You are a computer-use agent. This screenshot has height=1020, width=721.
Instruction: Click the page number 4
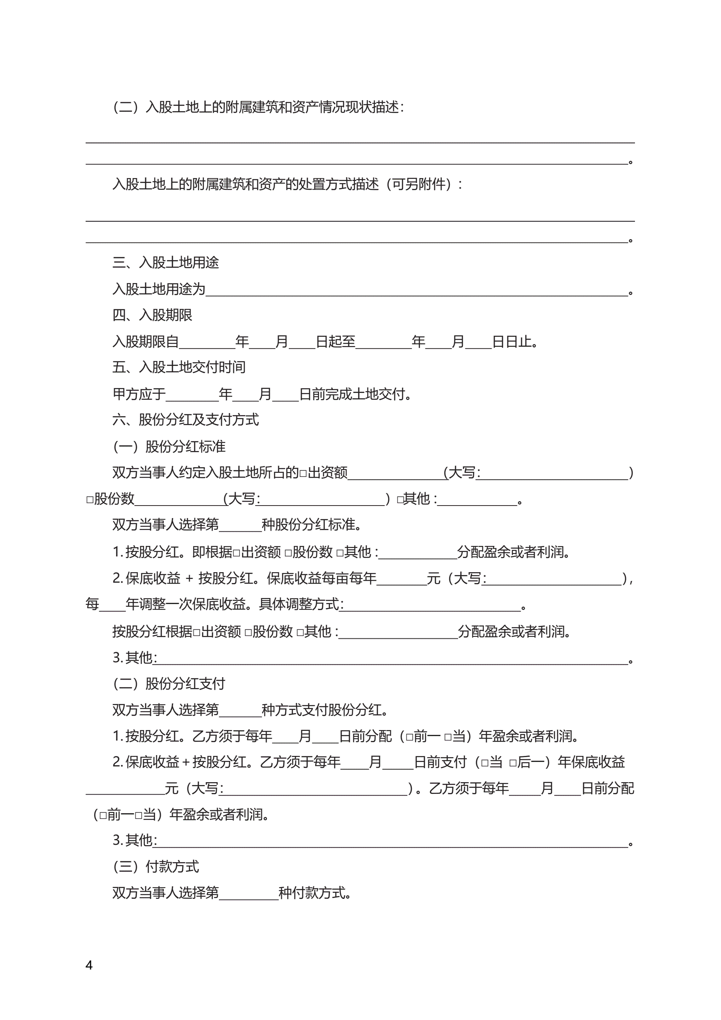click(x=89, y=965)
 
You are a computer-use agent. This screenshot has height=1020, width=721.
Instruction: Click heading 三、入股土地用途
click(x=165, y=262)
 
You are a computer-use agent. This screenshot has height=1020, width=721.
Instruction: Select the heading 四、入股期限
click(x=152, y=315)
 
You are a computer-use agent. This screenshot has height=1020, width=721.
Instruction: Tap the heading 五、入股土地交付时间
click(x=179, y=367)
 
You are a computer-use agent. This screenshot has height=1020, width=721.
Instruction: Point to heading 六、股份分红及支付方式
click(x=185, y=420)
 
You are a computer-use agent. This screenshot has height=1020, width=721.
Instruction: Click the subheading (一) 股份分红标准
click(x=169, y=447)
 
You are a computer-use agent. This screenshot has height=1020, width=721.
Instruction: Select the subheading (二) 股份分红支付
click(x=169, y=684)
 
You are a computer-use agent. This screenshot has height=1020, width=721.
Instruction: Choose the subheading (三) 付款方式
click(x=156, y=867)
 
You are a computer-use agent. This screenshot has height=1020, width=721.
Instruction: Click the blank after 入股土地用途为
click(x=416, y=291)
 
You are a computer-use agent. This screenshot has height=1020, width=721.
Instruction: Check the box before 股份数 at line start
click(x=90, y=500)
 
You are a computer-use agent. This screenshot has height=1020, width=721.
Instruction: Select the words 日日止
click(x=512, y=342)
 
